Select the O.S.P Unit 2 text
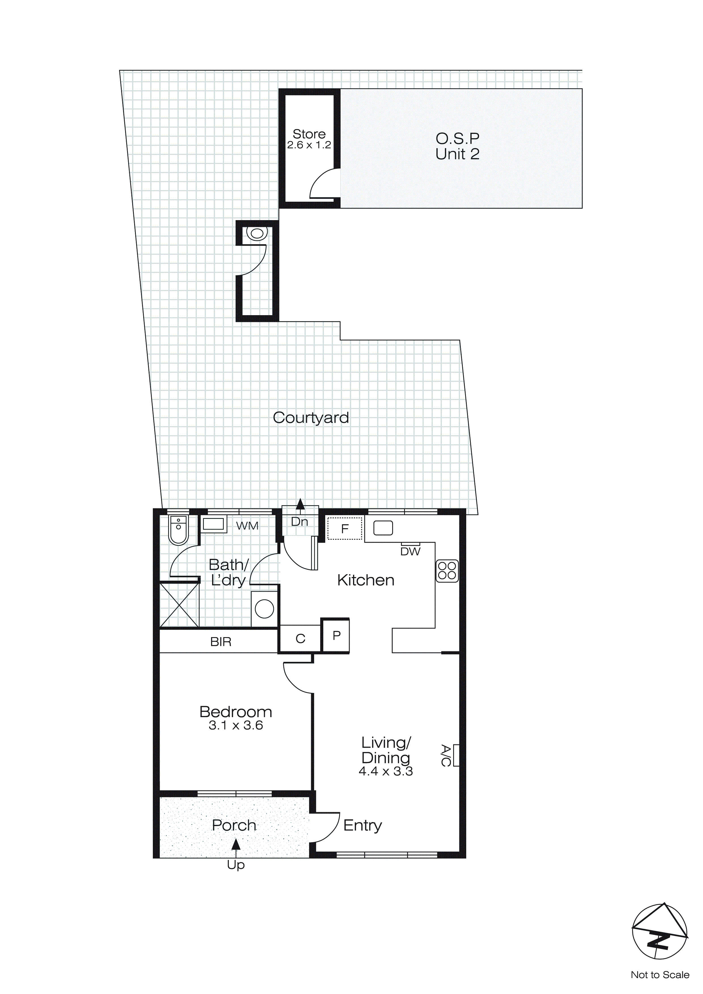click(457, 146)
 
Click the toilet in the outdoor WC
click(257, 234)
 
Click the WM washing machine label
click(247, 526)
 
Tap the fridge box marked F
click(345, 528)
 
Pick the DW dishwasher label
click(410, 551)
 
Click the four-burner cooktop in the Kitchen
click(447, 570)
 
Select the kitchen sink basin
click(383, 528)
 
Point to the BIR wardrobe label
click(221, 642)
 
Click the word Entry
click(362, 825)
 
